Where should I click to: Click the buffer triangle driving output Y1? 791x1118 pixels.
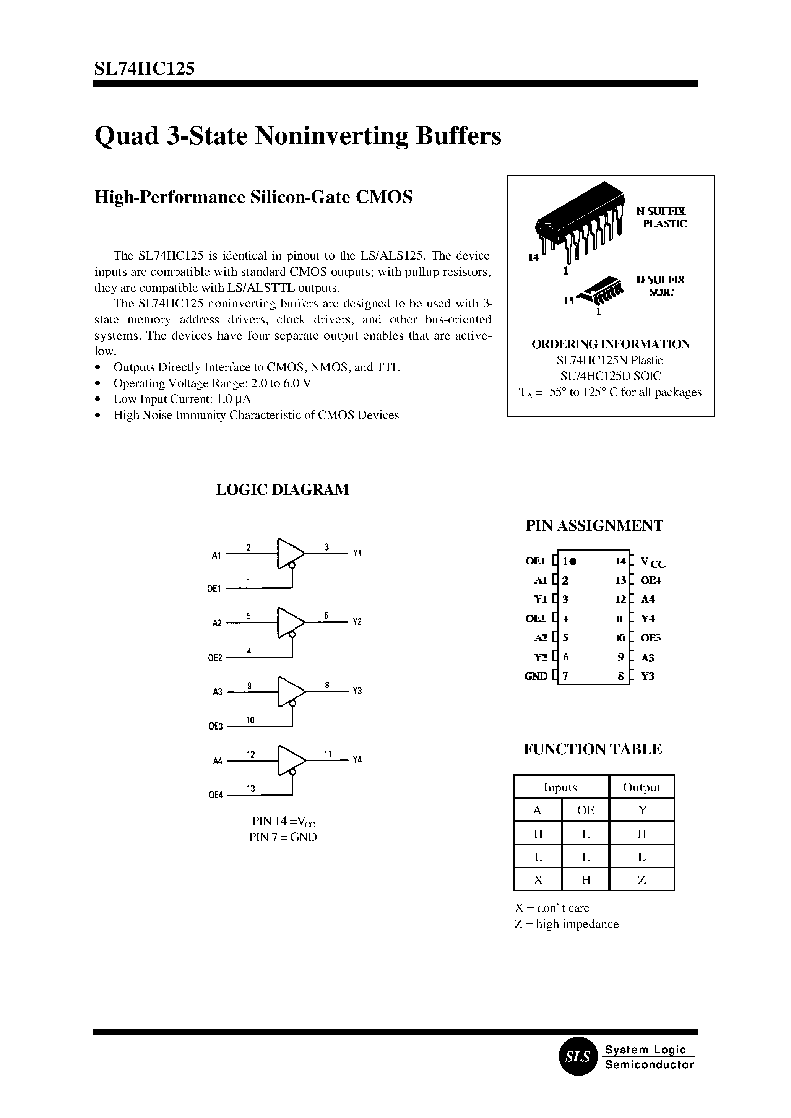(289, 553)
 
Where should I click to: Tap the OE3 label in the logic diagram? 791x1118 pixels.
(215, 726)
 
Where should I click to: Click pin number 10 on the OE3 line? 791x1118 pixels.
(250, 720)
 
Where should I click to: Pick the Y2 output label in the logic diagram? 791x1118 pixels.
(357, 622)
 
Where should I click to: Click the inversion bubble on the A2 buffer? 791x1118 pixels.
(292, 634)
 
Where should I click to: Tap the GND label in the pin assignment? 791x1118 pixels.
(535, 676)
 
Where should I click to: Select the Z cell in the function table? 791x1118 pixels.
(642, 880)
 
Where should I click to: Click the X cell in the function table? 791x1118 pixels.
(538, 880)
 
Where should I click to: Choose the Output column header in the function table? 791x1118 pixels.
(642, 788)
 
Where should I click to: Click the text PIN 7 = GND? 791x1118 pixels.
(283, 837)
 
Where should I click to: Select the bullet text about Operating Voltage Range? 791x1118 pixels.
(212, 383)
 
